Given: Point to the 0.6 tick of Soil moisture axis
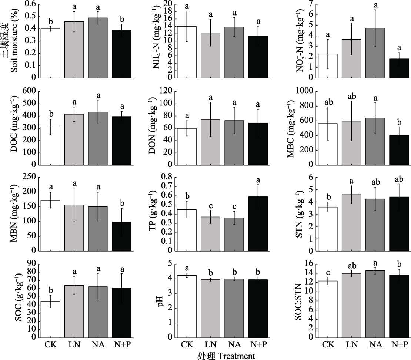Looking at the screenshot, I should [31, 4].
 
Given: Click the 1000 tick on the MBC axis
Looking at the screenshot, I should [304, 91].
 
